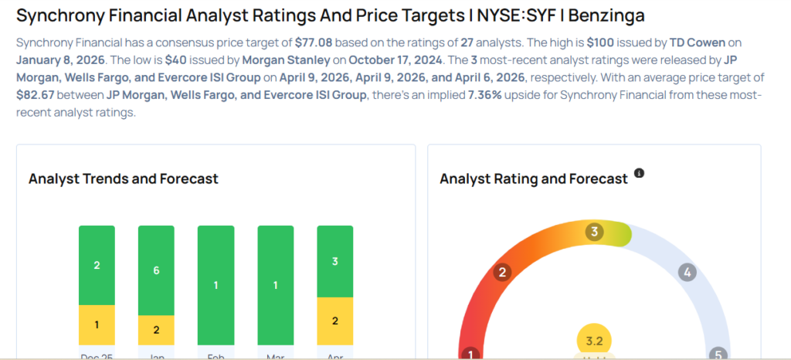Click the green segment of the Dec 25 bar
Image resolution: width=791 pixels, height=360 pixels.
click(x=97, y=265)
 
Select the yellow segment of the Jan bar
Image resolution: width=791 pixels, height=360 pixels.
click(x=156, y=330)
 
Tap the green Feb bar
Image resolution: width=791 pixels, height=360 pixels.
click(x=216, y=285)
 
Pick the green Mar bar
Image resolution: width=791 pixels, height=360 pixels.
click(x=275, y=285)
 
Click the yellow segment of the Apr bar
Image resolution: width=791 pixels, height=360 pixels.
click(x=334, y=321)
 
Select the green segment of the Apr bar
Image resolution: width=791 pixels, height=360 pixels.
click(x=334, y=261)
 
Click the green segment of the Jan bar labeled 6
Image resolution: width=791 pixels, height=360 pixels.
click(x=156, y=270)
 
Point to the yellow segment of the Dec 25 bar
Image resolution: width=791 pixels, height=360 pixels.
click(x=97, y=324)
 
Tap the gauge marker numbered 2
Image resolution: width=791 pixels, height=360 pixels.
click(x=502, y=272)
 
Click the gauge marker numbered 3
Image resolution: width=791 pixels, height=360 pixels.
click(x=594, y=232)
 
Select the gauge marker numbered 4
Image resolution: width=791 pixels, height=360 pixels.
click(x=686, y=272)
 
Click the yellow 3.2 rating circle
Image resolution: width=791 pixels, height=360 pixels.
click(x=594, y=341)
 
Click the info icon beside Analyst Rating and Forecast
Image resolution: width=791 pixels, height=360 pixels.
click(x=639, y=173)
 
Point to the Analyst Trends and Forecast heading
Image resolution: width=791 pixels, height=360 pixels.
click(x=124, y=178)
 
